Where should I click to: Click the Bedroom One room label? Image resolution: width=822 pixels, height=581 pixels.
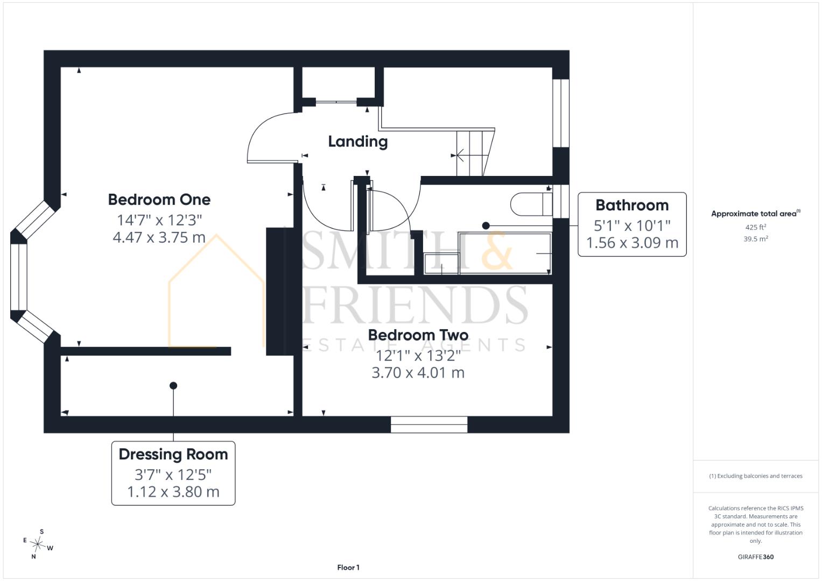[x=159, y=200]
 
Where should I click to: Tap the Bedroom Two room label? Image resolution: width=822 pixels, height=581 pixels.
[x=418, y=335]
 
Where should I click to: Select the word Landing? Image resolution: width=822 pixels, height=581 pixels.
[x=358, y=141]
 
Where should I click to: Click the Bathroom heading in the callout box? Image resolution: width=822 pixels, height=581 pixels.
[x=632, y=205]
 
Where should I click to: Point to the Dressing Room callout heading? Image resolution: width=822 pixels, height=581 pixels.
[x=173, y=455]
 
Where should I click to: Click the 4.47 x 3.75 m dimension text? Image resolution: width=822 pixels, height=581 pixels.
[x=159, y=238]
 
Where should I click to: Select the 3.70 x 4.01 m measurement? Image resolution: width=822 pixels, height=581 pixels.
[x=418, y=373]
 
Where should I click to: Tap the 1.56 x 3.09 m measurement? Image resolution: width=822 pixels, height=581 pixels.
[x=632, y=243]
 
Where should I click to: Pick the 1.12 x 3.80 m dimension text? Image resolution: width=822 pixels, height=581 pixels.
[x=173, y=492]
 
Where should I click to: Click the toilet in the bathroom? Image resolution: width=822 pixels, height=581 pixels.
[x=531, y=204]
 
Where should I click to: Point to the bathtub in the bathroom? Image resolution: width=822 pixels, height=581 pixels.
[x=505, y=253]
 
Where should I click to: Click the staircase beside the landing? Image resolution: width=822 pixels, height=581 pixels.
[x=475, y=152]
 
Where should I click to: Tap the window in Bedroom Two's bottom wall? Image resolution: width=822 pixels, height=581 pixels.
[x=429, y=424]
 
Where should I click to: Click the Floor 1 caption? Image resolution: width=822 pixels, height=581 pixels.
[x=348, y=568]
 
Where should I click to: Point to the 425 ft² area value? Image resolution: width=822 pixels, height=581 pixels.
[x=756, y=227]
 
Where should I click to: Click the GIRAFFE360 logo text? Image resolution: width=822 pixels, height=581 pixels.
[x=756, y=557]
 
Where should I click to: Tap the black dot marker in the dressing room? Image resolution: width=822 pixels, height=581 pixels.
[x=173, y=386]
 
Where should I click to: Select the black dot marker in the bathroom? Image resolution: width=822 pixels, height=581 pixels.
[x=486, y=225]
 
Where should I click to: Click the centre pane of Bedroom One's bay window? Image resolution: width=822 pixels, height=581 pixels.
[x=19, y=277]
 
